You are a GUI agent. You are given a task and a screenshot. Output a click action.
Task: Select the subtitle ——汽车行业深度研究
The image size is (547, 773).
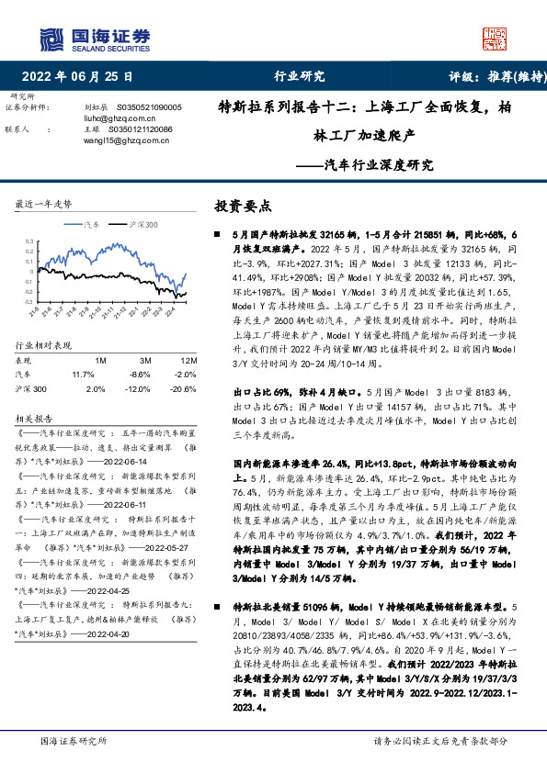coord(367,166)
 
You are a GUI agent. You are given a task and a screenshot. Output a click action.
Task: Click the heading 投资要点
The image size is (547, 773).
coord(243,207)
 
